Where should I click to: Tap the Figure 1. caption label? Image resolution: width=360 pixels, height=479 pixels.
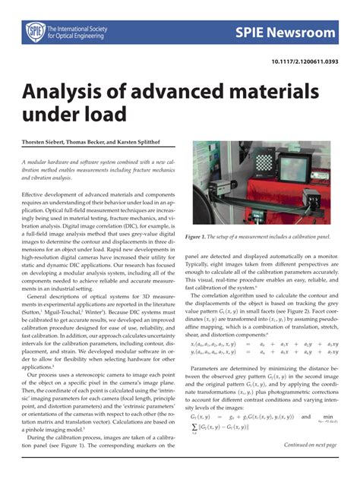pos(199,216)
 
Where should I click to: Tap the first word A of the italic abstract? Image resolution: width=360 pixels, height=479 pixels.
pos(24,162)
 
